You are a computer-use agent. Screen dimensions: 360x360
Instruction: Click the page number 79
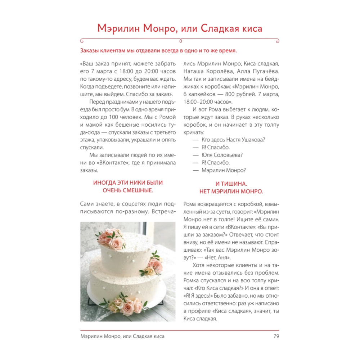[276, 336]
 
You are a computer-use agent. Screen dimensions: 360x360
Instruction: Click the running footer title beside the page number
[123, 336]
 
